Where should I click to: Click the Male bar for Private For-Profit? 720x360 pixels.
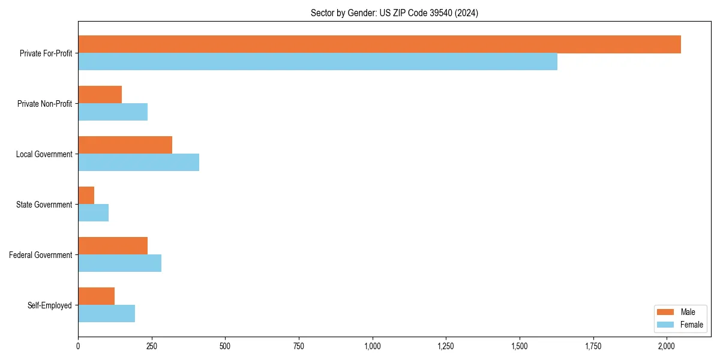[379, 44]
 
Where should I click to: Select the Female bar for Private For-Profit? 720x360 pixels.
[317, 62]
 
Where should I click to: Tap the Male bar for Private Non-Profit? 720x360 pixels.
[100, 95]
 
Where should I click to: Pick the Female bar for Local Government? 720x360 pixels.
[139, 163]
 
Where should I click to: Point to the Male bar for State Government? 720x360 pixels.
[86, 196]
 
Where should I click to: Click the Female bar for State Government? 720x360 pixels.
[93, 213]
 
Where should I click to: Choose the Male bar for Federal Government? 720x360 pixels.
[113, 246]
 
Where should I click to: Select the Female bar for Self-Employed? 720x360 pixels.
[106, 314]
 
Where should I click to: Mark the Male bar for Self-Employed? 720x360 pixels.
[96, 296]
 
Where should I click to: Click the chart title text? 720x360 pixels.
[394, 13]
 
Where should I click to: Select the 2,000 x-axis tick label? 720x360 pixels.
[667, 346]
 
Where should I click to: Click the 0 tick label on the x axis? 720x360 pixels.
[78, 346]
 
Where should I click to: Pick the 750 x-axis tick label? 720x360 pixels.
[299, 346]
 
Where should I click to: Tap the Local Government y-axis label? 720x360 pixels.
[44, 154]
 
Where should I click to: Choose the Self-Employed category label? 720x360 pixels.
[49, 305]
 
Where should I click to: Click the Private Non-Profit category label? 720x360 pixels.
[44, 104]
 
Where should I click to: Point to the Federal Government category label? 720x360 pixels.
[41, 255]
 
